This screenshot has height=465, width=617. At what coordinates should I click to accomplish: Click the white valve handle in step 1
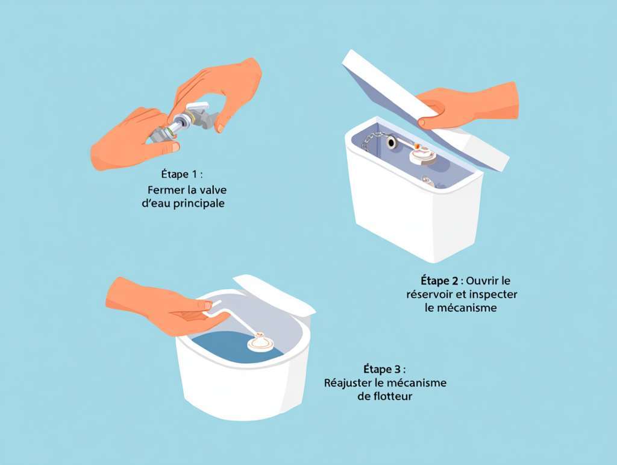197,106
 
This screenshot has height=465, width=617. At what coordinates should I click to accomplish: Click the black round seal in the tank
392,142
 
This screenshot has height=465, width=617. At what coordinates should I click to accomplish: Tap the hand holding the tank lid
468,106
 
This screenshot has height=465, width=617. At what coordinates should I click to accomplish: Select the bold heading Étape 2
439,280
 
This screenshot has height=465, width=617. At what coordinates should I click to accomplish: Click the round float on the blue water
261,342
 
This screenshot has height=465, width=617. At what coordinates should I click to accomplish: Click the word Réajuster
348,383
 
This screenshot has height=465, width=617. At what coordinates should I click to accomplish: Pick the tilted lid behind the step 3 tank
274,293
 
